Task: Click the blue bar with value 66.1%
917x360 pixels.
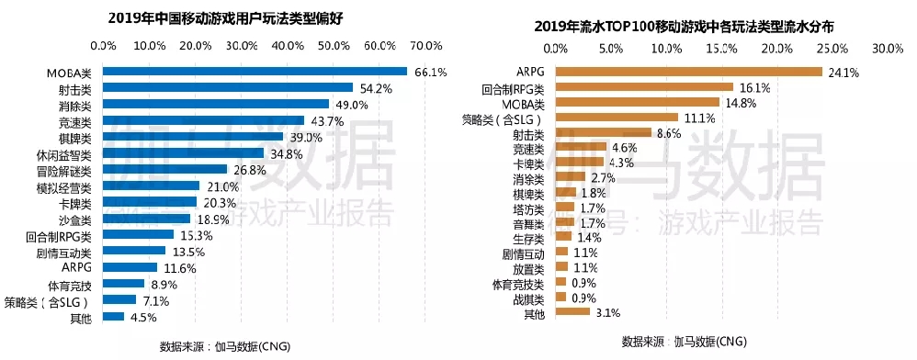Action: (255, 72)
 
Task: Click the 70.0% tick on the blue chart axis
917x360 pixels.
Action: (427, 46)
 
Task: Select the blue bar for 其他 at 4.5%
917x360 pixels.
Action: (113, 317)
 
